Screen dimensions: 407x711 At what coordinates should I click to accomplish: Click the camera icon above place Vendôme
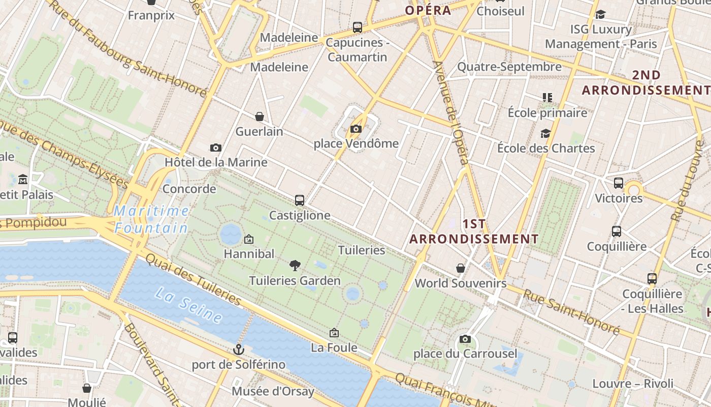(356, 129)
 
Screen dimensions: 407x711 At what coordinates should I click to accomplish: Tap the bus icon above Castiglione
(300, 200)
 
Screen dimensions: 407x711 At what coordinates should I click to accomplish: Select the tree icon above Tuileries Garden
(295, 265)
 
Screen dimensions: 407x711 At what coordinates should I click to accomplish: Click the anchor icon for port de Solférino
(238, 350)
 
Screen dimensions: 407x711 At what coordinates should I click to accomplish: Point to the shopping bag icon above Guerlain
(260, 117)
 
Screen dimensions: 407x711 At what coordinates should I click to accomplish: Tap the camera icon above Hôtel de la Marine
(216, 148)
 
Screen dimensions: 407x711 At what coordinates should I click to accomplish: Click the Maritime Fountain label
(151, 219)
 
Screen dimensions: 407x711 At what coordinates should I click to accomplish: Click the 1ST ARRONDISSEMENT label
(474, 231)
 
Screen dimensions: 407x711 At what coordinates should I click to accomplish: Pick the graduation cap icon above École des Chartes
(545, 133)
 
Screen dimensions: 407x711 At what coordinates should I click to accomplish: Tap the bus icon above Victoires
(619, 183)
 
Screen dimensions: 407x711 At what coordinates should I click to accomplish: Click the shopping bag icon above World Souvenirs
(461, 268)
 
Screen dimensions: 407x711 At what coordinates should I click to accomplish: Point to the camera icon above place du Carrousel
(465, 339)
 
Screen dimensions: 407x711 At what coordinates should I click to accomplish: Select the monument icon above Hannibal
(249, 239)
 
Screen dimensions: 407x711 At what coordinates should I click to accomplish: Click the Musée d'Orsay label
(273, 391)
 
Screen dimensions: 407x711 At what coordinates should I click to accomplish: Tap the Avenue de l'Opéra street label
(450, 112)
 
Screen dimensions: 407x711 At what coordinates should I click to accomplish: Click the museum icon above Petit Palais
(23, 180)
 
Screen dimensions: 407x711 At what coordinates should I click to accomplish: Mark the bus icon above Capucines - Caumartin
(358, 27)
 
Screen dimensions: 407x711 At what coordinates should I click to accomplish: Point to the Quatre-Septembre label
(509, 67)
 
